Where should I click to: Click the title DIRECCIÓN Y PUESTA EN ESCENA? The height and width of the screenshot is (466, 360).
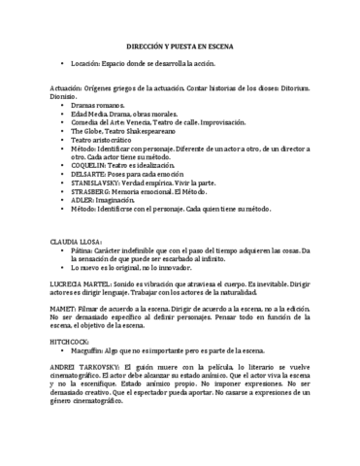click(x=180, y=47)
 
